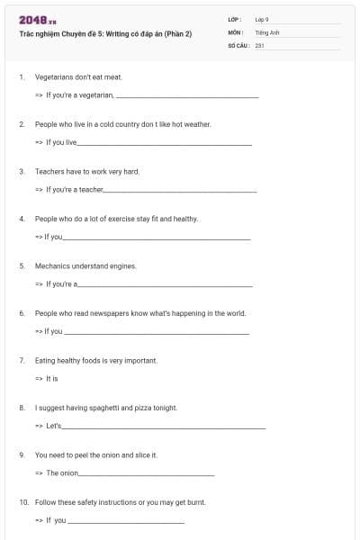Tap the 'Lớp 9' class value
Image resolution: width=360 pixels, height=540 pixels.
click(261, 19)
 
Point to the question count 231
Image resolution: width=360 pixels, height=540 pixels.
click(259, 44)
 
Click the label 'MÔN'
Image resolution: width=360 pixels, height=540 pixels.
click(235, 31)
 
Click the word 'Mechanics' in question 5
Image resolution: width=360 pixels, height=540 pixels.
click(51, 265)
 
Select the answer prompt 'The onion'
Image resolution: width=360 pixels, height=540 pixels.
click(62, 472)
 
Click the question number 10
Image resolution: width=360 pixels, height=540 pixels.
click(23, 502)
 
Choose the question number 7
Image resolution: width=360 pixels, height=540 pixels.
click(22, 360)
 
